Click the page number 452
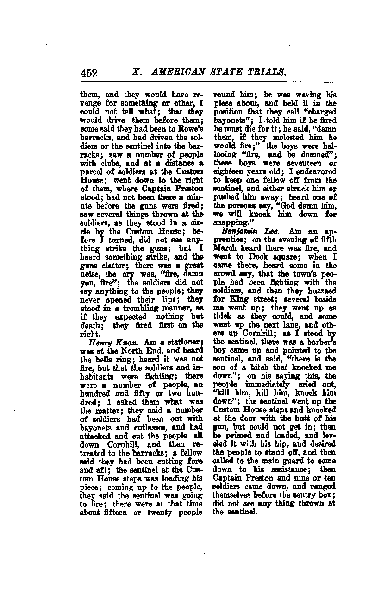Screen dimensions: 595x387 click(x=89, y=73)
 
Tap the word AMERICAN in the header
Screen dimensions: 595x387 click(x=175, y=72)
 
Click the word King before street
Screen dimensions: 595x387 click(x=236, y=306)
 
